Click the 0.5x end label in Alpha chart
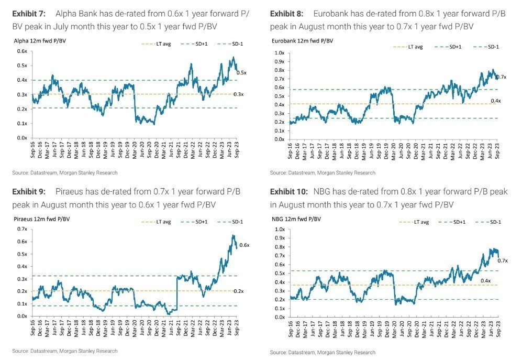click(242, 72)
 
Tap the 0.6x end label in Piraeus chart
click(244, 245)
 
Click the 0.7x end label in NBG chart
click(503, 260)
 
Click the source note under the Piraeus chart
click(65, 351)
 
